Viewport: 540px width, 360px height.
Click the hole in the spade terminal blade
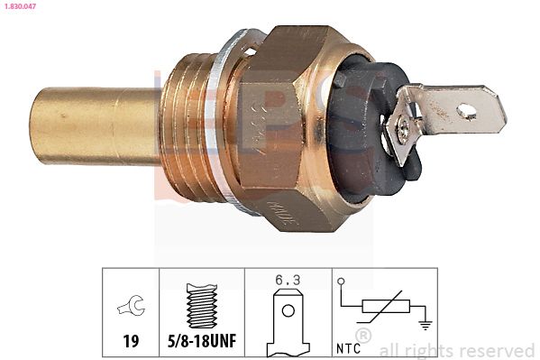pos(467,111)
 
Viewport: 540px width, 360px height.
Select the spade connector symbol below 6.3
pos(288,317)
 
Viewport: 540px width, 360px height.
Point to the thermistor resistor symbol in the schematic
pos(379,309)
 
